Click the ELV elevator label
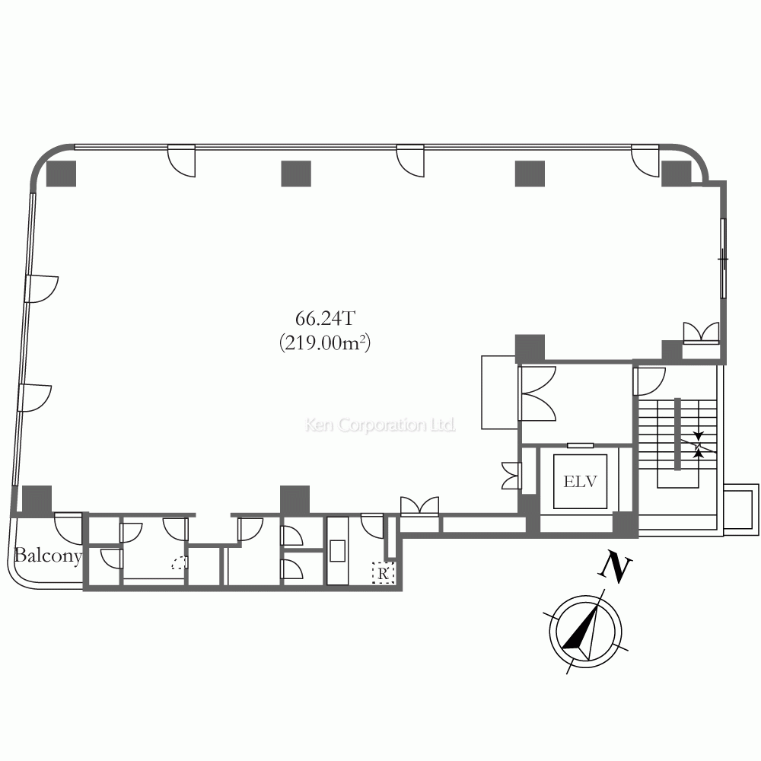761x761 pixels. (x=580, y=482)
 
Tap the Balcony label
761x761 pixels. (x=47, y=556)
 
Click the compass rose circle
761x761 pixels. (x=585, y=631)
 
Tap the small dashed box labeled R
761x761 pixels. (x=382, y=573)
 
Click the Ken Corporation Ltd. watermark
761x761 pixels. (x=380, y=425)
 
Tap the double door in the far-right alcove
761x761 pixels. (x=701, y=333)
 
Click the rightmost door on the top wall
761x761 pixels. (x=645, y=158)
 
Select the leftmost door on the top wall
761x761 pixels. (x=181, y=158)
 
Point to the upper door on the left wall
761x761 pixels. (x=42, y=288)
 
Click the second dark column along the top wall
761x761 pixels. (x=296, y=174)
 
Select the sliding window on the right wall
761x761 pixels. (x=722, y=260)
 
